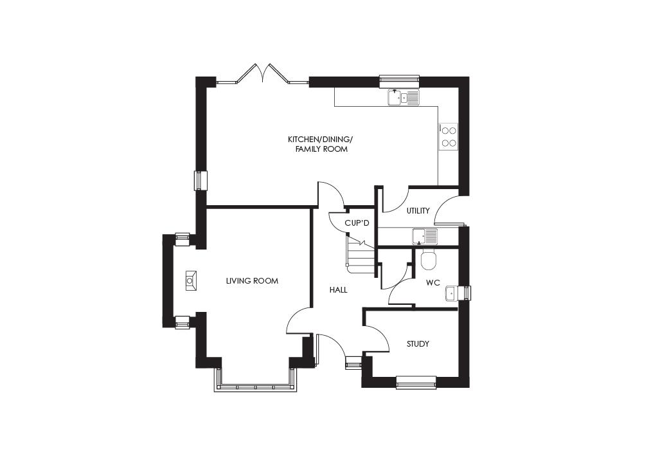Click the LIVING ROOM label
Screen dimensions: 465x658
pyautogui.click(x=252, y=281)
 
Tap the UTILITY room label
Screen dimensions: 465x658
pyautogui.click(x=418, y=211)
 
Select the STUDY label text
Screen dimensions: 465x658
pyautogui.click(x=418, y=344)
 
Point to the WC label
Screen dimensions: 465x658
pyautogui.click(x=432, y=282)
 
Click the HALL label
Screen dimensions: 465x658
pyautogui.click(x=338, y=290)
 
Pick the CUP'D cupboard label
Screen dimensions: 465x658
pyautogui.click(x=357, y=223)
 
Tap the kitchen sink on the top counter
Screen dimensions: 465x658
pyautogui.click(x=403, y=98)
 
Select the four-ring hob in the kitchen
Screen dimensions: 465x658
pyautogui.click(x=449, y=136)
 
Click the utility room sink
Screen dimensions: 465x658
pyautogui.click(x=424, y=237)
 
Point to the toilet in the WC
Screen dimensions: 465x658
pyautogui.click(x=429, y=260)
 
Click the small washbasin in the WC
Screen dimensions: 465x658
pyautogui.click(x=452, y=293)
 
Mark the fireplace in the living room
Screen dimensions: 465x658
pyautogui.click(x=191, y=280)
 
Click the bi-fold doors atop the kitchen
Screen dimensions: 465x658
pyautogui.click(x=263, y=76)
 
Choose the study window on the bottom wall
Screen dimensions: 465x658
pyautogui.click(x=416, y=385)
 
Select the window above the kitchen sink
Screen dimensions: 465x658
pyautogui.click(x=399, y=81)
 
